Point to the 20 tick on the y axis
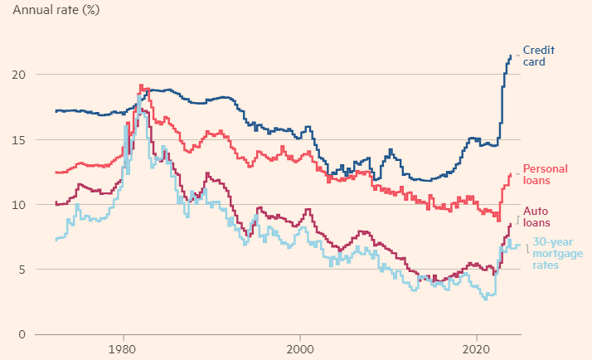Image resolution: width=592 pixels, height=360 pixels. click(19, 75)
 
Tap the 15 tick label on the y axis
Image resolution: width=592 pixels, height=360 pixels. click(19, 139)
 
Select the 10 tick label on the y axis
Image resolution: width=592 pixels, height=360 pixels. click(19, 205)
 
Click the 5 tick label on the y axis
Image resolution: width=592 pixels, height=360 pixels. click(22, 270)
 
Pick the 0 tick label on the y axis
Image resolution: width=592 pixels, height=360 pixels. click(22, 334)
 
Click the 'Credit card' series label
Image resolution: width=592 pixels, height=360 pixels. click(538, 56)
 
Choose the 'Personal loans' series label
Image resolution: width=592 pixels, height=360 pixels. click(543, 174)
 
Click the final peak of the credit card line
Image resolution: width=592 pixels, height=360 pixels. click(511, 56)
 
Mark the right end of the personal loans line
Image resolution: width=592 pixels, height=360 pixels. click(511, 174)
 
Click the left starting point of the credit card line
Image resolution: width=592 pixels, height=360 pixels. click(56, 111)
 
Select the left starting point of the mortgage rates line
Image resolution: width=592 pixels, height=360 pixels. click(56, 240)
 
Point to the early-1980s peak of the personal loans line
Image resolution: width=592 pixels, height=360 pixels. click(141, 85)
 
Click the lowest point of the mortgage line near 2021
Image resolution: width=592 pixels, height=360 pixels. click(485, 299)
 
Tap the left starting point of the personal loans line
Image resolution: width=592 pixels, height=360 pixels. click(56, 173)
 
